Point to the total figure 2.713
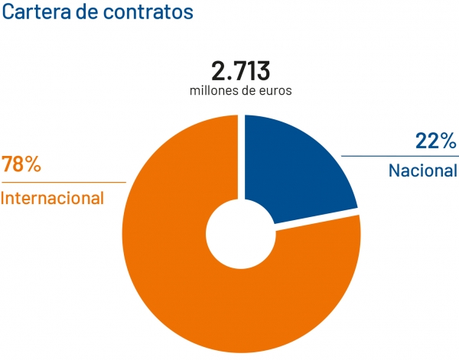pyautogui.click(x=240, y=71)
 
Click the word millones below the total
pyautogui.click(x=215, y=90)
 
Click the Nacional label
pyautogui.click(x=422, y=170)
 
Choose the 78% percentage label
pyautogui.click(x=21, y=165)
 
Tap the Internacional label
pyautogui.click(x=53, y=198)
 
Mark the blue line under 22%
pyautogui.click(x=398, y=155)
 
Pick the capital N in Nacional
pyautogui.click(x=394, y=170)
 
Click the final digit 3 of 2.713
pyautogui.click(x=262, y=71)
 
